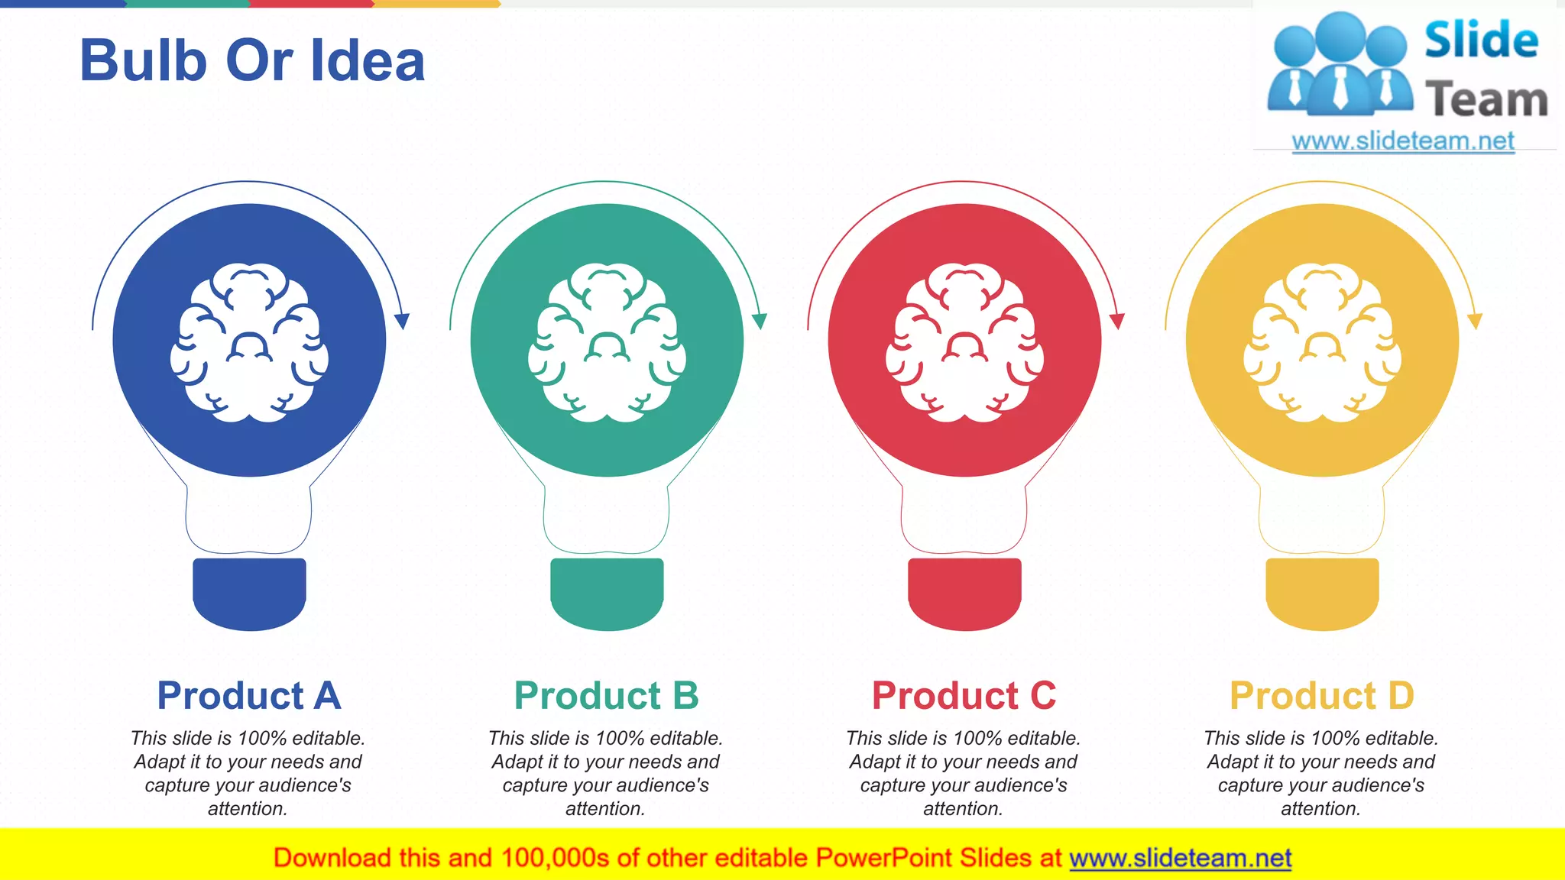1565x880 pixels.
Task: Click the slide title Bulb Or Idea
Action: [252, 61]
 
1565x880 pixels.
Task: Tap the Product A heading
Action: [249, 696]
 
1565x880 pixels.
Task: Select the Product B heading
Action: [607, 696]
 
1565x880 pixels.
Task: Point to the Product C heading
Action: [964, 696]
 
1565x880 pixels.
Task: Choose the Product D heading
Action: [1322, 696]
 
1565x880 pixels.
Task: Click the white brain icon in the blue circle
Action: [249, 342]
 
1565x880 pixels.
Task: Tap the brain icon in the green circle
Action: [607, 342]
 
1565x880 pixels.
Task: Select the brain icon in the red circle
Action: [964, 342]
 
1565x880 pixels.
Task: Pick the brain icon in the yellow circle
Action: [1322, 342]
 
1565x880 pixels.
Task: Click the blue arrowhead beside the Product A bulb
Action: [402, 321]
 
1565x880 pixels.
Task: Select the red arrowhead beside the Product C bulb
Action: [1117, 321]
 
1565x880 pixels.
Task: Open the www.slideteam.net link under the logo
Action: [1403, 141]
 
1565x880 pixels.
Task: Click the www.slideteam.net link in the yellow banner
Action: [1180, 859]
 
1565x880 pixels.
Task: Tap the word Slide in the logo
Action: [1481, 40]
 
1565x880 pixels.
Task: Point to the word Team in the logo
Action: [1486, 100]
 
